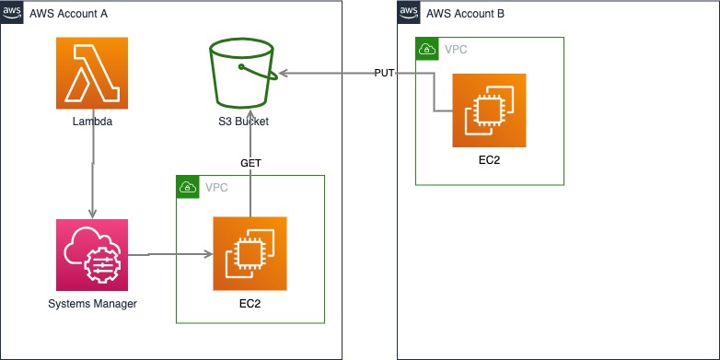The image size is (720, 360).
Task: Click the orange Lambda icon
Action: tap(92, 74)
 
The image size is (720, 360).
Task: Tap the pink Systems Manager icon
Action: tap(92, 255)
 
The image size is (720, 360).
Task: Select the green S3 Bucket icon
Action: tap(242, 73)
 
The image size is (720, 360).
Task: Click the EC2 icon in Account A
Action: tap(250, 253)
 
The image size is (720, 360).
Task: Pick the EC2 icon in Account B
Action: tap(489, 110)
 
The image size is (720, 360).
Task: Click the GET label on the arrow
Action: tap(250, 162)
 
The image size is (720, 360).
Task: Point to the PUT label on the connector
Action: tap(385, 73)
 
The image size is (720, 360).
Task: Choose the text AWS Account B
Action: tap(466, 14)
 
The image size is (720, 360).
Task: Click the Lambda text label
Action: tap(92, 122)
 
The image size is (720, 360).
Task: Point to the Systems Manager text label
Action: tap(92, 304)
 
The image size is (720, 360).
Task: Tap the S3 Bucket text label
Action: tap(242, 122)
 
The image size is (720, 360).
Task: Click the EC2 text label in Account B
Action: tap(489, 160)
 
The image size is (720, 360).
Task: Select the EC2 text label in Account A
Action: tap(250, 304)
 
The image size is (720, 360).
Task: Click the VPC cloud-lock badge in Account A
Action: tap(188, 187)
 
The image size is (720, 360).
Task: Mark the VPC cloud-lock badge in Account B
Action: tap(427, 49)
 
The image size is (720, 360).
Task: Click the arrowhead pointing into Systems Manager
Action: tap(92, 214)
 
